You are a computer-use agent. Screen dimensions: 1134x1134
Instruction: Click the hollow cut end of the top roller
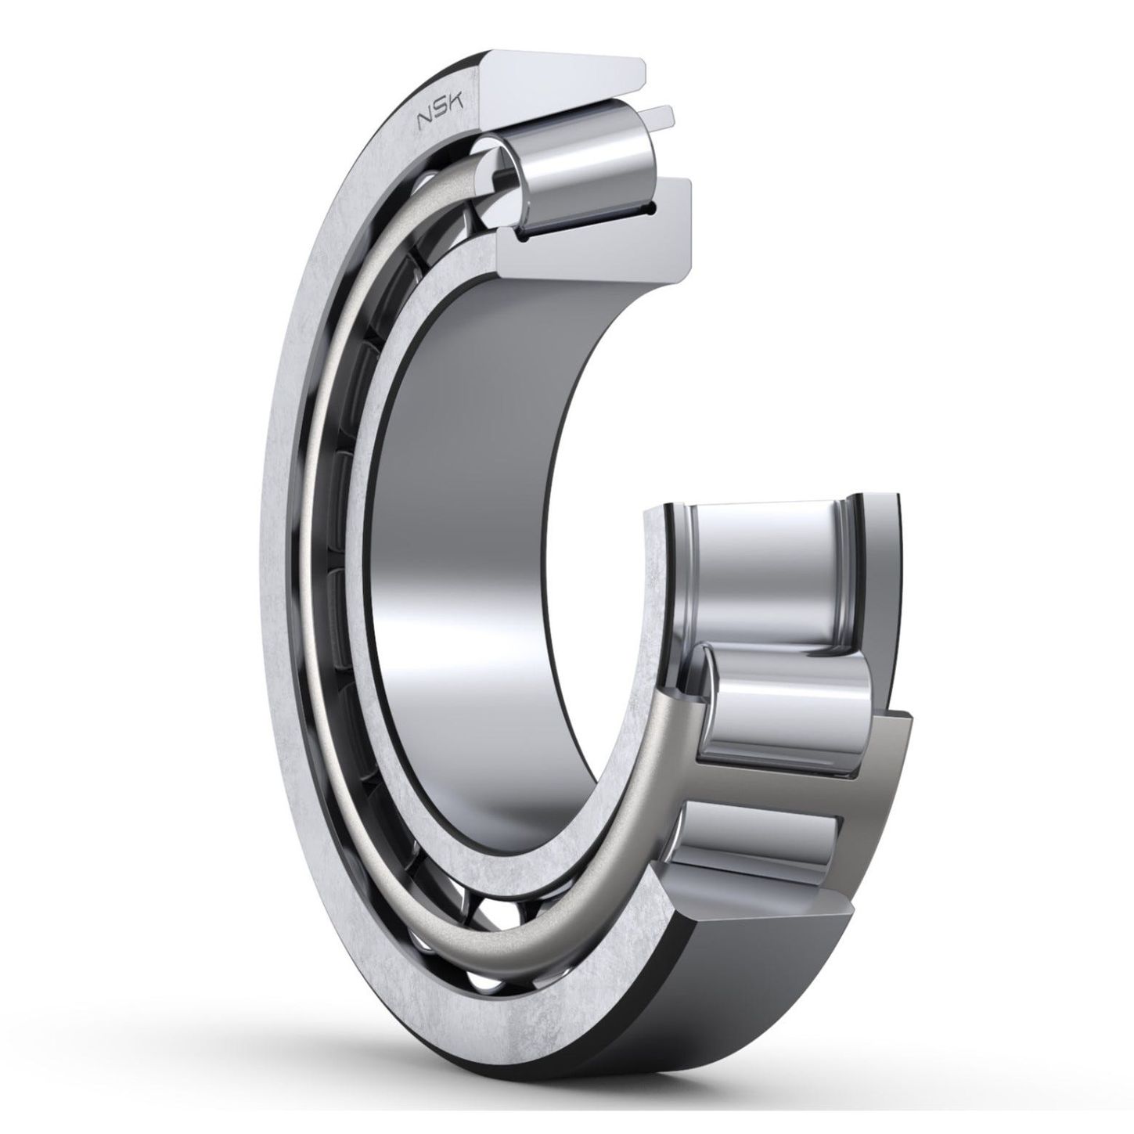[500, 171]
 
